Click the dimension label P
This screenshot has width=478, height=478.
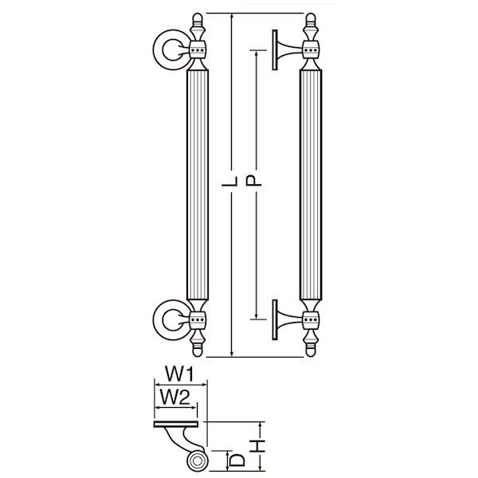coord(253,180)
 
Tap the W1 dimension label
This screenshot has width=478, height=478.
coord(179,374)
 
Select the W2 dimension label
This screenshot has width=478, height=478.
coord(175,398)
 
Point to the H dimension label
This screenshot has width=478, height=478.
coord(258,446)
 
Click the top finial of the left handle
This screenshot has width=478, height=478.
coord(198,26)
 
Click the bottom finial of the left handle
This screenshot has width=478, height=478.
coord(198,343)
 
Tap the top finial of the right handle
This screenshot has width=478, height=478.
coord(311,26)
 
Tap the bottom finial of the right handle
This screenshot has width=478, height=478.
coord(311,343)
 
